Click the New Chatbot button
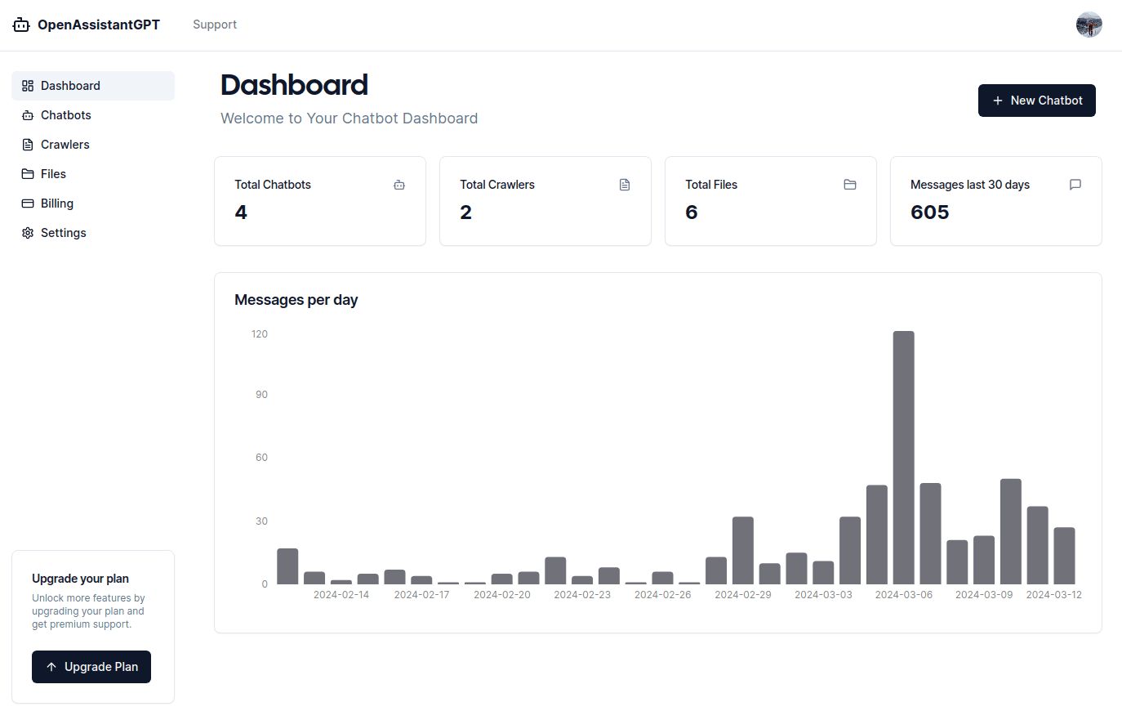coord(1036,101)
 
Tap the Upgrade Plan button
coord(91,667)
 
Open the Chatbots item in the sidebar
coord(65,115)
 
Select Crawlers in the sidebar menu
coord(65,145)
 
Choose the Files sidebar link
coord(53,174)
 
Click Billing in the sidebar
coord(56,203)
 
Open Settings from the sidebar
coord(63,233)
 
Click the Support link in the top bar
coord(215,25)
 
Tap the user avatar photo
coord(1089,25)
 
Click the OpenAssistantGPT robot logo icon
coord(21,25)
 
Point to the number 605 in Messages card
coord(929,212)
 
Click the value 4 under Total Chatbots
coord(241,212)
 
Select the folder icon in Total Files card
coord(850,185)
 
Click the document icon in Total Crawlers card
coord(625,185)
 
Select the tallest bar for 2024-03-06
coord(903,458)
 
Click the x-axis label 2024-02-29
coord(742,595)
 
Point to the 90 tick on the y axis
coord(261,395)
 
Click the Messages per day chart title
coord(296,300)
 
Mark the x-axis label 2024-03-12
coord(1053,595)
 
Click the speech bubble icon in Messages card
coord(1075,185)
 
